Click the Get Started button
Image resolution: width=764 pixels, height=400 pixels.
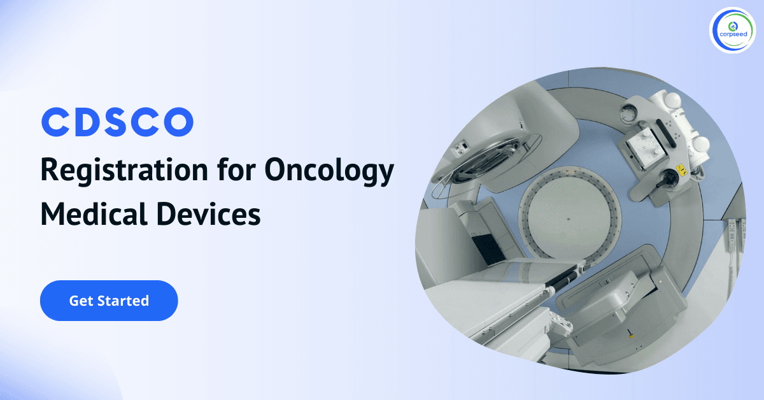pos(109,301)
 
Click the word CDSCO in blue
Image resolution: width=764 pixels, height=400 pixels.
pos(117,122)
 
